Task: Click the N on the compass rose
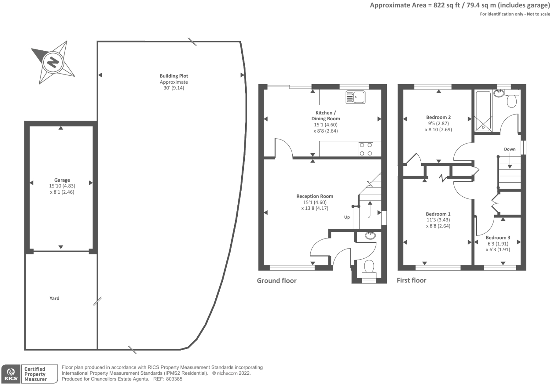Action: (x=53, y=62)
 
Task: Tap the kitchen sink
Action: (x=355, y=97)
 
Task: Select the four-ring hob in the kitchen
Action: (x=366, y=149)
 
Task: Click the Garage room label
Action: (x=62, y=180)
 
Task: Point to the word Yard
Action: (x=54, y=298)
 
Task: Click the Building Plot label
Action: (x=173, y=76)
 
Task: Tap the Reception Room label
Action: (x=315, y=196)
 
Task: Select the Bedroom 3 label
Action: (x=498, y=238)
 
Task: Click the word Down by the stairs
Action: (x=510, y=149)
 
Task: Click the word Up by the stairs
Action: (x=347, y=217)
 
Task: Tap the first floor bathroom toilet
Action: (x=512, y=99)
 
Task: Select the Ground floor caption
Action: (x=277, y=281)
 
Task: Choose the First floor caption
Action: (x=412, y=280)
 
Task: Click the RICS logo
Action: (x=11, y=374)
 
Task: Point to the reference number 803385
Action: (x=174, y=379)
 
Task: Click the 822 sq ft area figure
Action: (x=446, y=5)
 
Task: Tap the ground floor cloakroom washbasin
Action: (x=370, y=235)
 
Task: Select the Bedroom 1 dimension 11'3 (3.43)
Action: (x=438, y=220)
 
